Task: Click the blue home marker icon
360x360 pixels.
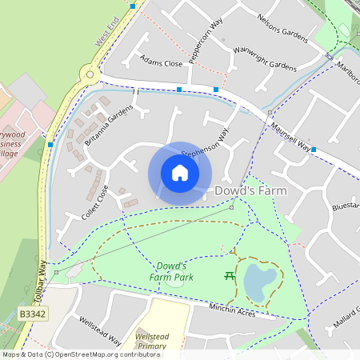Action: (180, 172)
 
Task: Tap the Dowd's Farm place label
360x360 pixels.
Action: (250, 191)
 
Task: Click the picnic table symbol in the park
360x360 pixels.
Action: (230, 276)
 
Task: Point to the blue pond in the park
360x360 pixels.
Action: (257, 281)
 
